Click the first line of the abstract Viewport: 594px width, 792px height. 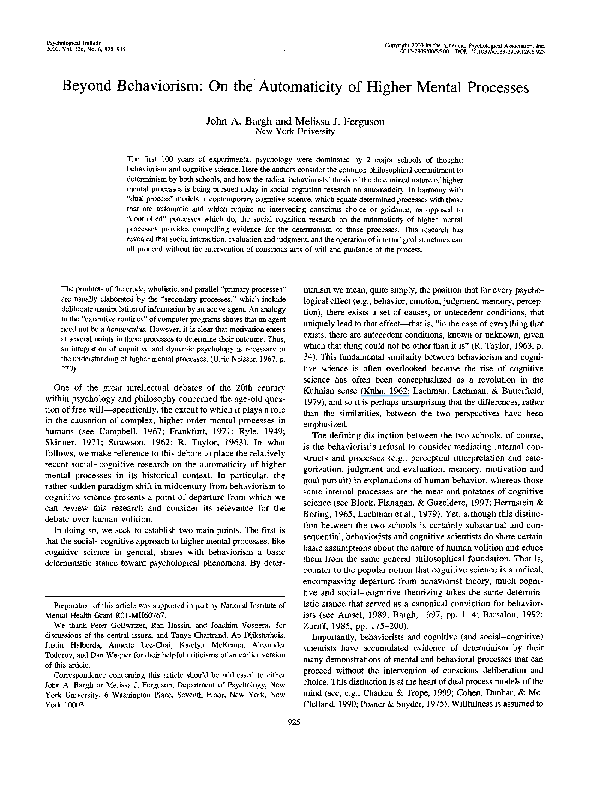pyautogui.click(x=300, y=160)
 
